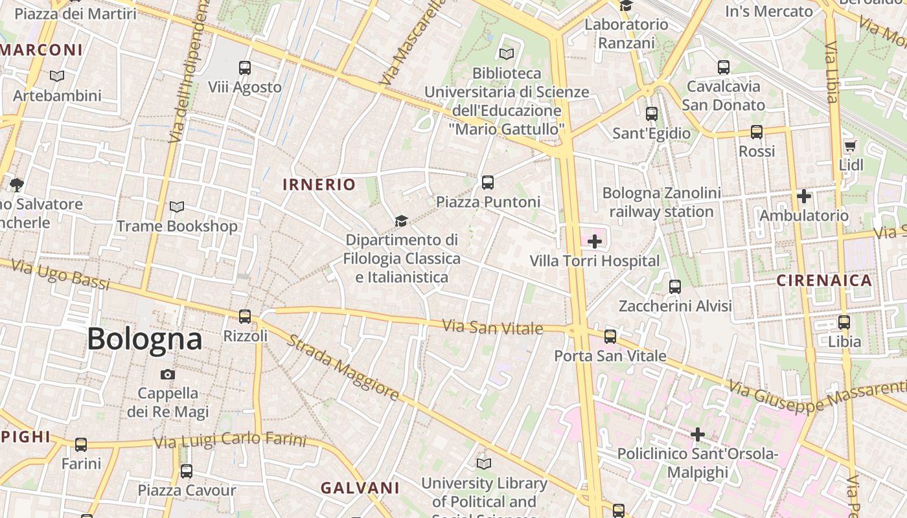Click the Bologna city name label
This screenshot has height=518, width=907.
(144, 339)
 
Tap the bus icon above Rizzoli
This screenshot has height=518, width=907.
(245, 316)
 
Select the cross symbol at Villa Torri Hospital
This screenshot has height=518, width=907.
(594, 242)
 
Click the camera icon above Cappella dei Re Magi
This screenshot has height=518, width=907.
(168, 374)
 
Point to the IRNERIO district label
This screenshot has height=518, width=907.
(319, 185)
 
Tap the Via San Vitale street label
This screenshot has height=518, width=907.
(493, 327)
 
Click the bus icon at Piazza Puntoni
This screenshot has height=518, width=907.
(488, 182)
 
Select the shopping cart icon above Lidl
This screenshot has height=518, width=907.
(850, 146)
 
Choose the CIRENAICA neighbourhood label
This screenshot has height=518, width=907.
(824, 280)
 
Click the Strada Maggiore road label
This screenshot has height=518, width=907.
(343, 367)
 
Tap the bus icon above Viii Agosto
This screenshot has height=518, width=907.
(245, 67)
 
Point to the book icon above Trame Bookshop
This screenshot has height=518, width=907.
(177, 207)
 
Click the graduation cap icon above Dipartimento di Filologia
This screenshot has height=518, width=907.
(402, 221)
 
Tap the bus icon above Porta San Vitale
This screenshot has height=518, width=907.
(610, 336)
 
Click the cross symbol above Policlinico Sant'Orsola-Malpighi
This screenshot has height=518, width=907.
(698, 434)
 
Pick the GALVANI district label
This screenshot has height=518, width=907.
(360, 488)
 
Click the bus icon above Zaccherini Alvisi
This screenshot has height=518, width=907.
(675, 286)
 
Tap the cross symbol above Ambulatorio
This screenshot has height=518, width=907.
(804, 196)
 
